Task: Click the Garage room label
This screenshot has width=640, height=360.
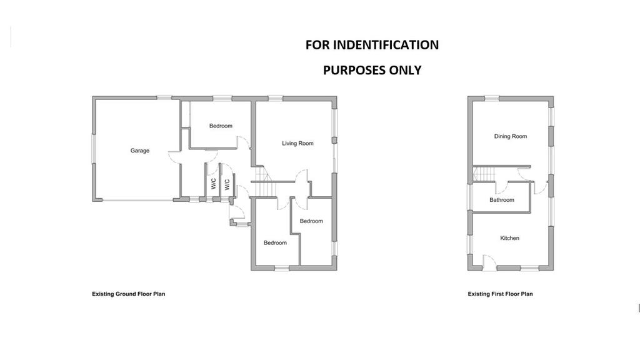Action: pyautogui.click(x=139, y=151)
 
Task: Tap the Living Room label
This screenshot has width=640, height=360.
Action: pyautogui.click(x=297, y=143)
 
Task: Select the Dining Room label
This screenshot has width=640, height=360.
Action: pyautogui.click(x=510, y=136)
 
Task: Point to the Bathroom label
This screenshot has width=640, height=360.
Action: pyautogui.click(x=502, y=199)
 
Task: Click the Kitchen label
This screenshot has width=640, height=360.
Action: pyautogui.click(x=509, y=238)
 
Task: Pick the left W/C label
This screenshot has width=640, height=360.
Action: pyautogui.click(x=214, y=183)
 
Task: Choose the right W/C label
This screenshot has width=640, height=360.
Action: pyautogui.click(x=227, y=184)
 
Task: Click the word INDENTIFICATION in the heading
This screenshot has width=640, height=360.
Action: pyautogui.click(x=386, y=45)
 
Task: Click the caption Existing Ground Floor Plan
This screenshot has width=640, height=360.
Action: pyautogui.click(x=129, y=294)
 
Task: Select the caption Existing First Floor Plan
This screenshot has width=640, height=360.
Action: pyautogui.click(x=500, y=294)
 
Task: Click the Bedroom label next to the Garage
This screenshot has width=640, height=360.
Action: pyautogui.click(x=221, y=126)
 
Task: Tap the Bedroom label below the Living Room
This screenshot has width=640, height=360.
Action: pyautogui.click(x=311, y=221)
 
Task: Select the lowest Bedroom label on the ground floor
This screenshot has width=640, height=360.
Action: pyautogui.click(x=275, y=243)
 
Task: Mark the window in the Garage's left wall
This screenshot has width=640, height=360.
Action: pyautogui.click(x=94, y=149)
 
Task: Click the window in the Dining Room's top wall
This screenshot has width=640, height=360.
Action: pyautogui.click(x=492, y=98)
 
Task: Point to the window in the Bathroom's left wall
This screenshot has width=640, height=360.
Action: pyautogui.click(x=469, y=197)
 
